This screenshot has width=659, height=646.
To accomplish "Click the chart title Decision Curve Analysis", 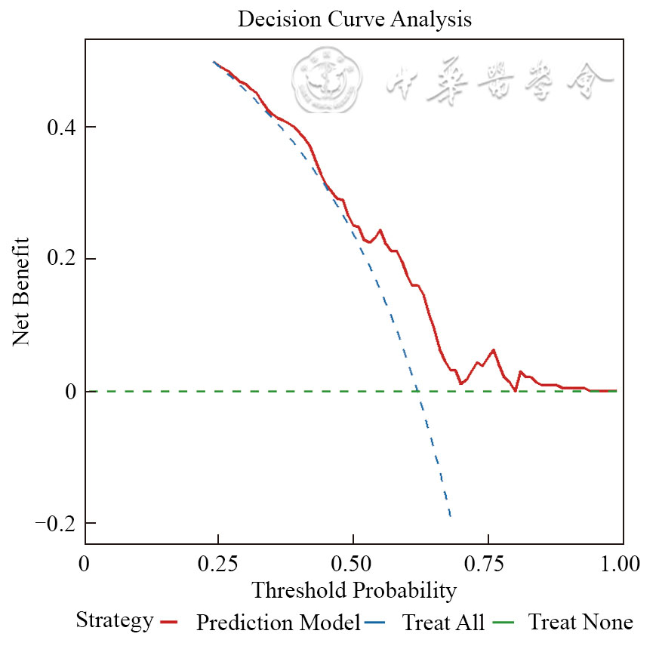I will click(x=354, y=20).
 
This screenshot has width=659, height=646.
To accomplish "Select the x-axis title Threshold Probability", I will click(x=354, y=589).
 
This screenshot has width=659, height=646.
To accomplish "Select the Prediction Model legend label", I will click(x=278, y=623).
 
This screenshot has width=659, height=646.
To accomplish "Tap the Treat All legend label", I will click(x=443, y=623).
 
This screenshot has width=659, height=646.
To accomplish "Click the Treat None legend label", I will click(x=580, y=623).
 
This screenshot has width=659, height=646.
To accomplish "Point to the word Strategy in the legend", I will click(x=115, y=621).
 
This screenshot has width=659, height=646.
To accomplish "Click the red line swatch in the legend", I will click(x=168, y=623).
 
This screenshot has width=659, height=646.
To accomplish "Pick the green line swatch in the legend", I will click(x=503, y=623).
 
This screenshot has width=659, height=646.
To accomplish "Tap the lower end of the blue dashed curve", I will click(x=451, y=518).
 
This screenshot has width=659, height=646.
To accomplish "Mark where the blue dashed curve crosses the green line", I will click(x=416, y=391).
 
